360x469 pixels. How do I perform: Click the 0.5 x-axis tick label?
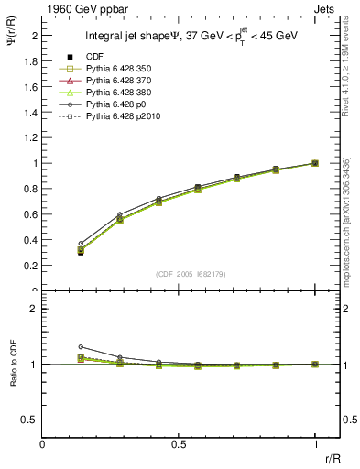[179, 445]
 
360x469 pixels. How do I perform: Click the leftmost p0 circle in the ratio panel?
[81, 347]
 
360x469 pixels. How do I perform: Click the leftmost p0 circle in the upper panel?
[81, 244]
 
